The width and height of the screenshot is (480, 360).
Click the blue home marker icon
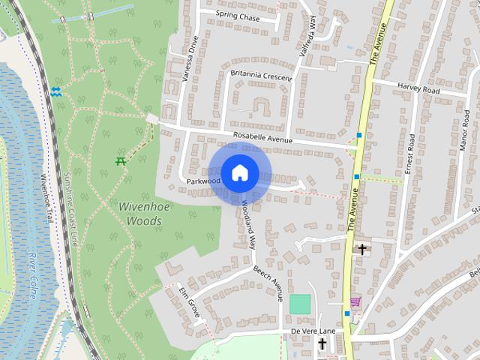pos(239,173)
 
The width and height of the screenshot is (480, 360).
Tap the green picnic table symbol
pos(121,160)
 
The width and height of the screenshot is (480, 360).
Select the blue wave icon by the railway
pos(58,92)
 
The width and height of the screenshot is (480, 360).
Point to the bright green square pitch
pos(300,304)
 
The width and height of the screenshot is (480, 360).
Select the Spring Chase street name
pos(237,15)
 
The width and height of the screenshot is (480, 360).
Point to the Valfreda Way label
pos(305,37)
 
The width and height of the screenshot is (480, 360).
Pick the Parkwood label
pos(203,181)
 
